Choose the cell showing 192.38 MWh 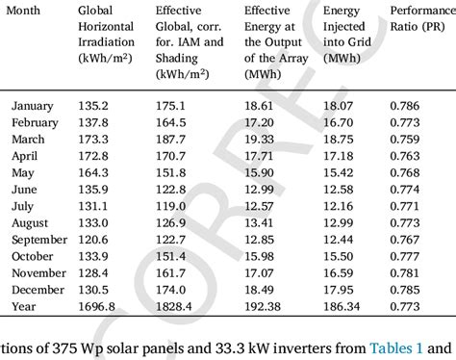coord(264,305)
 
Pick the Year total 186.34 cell coord(342,305)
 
